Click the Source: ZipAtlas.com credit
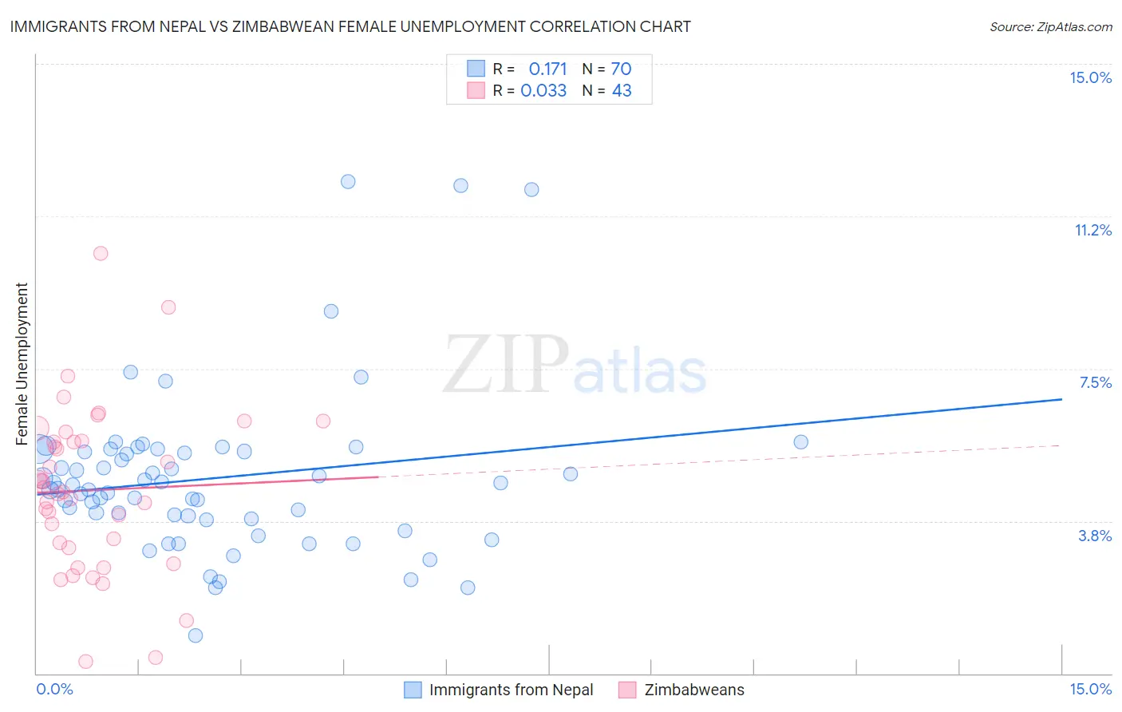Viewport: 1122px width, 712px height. click(x=1050, y=26)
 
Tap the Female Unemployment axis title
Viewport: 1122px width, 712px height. click(x=22, y=363)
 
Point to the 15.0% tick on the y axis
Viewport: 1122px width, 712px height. click(x=1090, y=77)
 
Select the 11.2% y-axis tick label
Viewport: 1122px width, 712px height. click(x=1092, y=230)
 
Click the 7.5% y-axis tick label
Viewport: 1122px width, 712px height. click(x=1095, y=382)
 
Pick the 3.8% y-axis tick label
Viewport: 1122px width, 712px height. click(x=1095, y=536)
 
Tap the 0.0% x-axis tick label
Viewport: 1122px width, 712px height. click(x=54, y=689)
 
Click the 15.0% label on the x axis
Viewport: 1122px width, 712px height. click(x=1090, y=689)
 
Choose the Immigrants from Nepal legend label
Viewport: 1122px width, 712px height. click(x=511, y=690)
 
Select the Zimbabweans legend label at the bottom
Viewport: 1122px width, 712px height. click(x=694, y=690)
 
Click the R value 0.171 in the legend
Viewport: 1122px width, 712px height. click(x=547, y=69)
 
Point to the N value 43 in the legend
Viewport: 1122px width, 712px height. click(x=622, y=91)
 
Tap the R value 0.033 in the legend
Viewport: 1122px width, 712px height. click(x=543, y=91)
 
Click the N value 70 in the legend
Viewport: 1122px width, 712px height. click(x=621, y=69)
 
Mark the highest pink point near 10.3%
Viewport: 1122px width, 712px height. click(x=101, y=253)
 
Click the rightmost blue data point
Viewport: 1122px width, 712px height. click(x=801, y=441)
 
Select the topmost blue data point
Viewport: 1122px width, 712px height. click(x=348, y=181)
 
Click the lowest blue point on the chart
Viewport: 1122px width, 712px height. click(x=196, y=635)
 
